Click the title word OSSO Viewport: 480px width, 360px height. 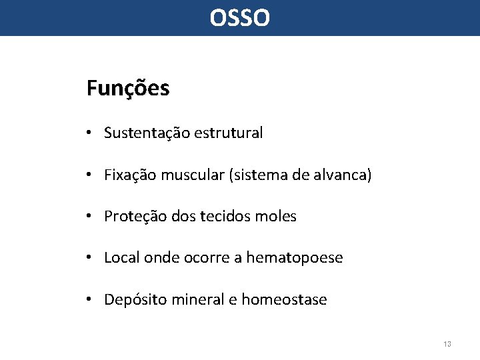pyautogui.click(x=240, y=18)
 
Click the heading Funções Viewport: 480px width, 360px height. pyautogui.click(x=128, y=88)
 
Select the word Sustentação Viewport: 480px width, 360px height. pyautogui.click(x=147, y=133)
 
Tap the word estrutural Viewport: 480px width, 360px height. pyautogui.click(x=229, y=133)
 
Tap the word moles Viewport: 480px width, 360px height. pyautogui.click(x=277, y=217)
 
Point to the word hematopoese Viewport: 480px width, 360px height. pyautogui.click(x=295, y=258)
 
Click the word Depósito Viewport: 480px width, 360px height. pyautogui.click(x=135, y=300)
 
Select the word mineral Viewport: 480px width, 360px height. pyautogui.click(x=198, y=300)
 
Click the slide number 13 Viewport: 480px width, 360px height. pyautogui.click(x=447, y=344)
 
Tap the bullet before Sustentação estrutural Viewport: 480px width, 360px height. pyautogui.click(x=89, y=133)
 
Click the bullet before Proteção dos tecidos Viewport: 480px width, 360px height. pyautogui.click(x=89, y=217)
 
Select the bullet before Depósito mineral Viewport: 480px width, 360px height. pyautogui.click(x=89, y=300)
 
